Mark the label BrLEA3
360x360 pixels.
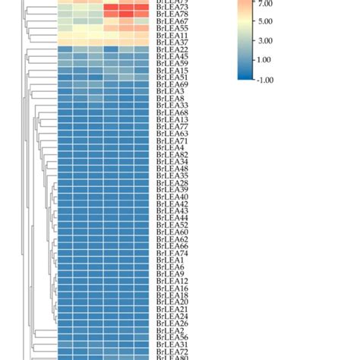[168, 91]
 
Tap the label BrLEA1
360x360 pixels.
[168, 260]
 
